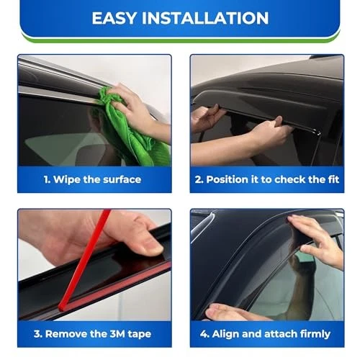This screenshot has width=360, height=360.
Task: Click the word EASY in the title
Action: coord(117,18)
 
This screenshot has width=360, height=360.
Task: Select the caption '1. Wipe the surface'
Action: coord(93,179)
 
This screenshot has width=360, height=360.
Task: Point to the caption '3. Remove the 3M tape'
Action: coord(93,334)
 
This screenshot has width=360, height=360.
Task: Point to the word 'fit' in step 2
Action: coord(331,179)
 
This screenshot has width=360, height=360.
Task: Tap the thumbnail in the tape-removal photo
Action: coord(151,248)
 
